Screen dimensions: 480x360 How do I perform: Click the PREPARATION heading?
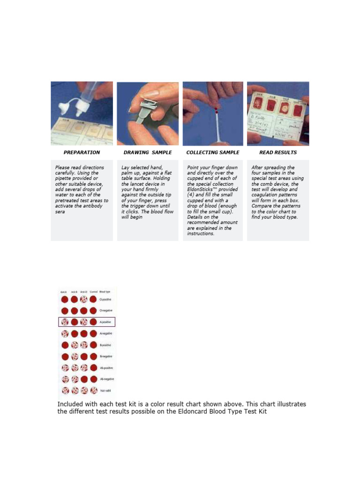(x=82, y=152)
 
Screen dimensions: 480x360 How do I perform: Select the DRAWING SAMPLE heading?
(x=147, y=152)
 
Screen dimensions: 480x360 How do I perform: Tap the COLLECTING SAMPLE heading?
(x=212, y=152)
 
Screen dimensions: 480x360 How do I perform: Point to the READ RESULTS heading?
(x=277, y=152)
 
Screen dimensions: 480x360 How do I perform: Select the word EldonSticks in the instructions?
(x=202, y=189)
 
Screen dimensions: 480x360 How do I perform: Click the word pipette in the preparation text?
(x=65, y=179)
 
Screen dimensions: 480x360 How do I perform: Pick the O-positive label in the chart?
(x=106, y=300)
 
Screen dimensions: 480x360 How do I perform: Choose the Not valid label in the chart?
(x=105, y=390)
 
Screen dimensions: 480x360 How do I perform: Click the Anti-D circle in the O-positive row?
(x=84, y=300)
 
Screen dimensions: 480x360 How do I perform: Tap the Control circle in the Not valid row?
(x=93, y=390)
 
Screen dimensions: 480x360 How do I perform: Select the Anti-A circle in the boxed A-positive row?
(x=65, y=322)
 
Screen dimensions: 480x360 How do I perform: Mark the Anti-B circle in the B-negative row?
(x=74, y=357)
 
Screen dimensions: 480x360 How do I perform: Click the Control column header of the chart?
(x=93, y=292)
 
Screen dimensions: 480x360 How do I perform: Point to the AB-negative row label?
(x=107, y=379)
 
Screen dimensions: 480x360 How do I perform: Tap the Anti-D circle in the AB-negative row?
(x=84, y=379)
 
